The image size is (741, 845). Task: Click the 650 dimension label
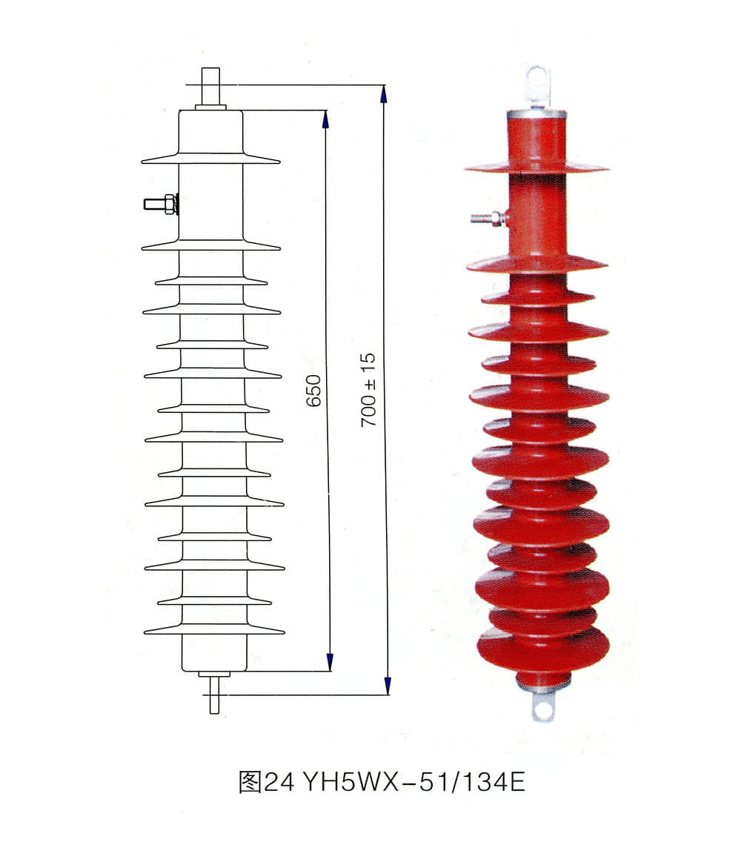pyautogui.click(x=314, y=391)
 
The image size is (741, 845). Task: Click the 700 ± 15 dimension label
pyautogui.click(x=369, y=389)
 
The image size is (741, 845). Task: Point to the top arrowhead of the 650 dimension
pyautogui.click(x=326, y=119)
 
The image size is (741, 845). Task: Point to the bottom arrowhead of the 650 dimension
pyautogui.click(x=329, y=663)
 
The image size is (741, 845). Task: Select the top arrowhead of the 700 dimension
pyautogui.click(x=383, y=93)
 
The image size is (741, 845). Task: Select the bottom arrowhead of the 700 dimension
pyautogui.click(x=387, y=686)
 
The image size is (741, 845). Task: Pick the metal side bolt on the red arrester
pyautogui.click(x=490, y=218)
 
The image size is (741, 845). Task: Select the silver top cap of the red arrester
pyautogui.click(x=536, y=114)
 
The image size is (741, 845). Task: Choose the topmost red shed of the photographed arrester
pyautogui.click(x=536, y=167)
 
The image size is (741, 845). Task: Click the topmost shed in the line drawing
pyautogui.click(x=210, y=158)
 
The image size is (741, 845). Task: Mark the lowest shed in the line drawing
pyautogui.click(x=214, y=629)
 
